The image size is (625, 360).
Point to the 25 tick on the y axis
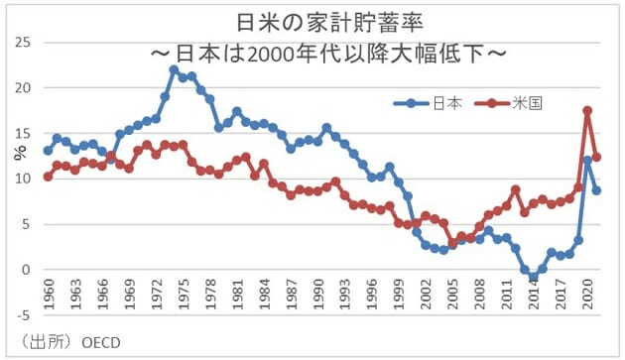coord(23,43)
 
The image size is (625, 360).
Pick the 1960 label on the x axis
coord(49,298)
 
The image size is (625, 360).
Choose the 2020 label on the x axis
coord(587,298)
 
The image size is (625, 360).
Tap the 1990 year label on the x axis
coord(317,298)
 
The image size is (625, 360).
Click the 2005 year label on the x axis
coord(452,298)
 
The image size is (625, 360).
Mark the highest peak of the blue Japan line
coord(174,69)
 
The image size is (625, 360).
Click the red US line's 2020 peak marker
coord(587,111)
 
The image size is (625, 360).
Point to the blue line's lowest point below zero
coord(533,277)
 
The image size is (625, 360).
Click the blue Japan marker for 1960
coord(49,151)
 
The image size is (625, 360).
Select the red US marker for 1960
coord(49,177)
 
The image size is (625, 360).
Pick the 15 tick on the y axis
coord(23,134)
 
